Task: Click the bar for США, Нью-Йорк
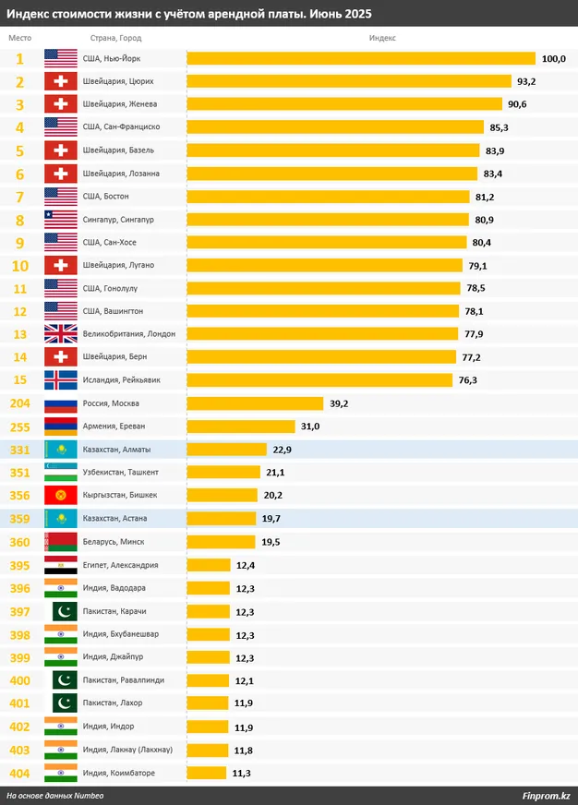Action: coord(360,58)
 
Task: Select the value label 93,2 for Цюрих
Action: coord(526,81)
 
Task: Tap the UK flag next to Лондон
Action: coord(61,334)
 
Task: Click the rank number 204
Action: coord(19,403)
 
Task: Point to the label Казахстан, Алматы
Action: coord(116,450)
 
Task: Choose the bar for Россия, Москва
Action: coord(255,403)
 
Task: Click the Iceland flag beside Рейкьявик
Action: coord(61,380)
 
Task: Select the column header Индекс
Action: coord(382,37)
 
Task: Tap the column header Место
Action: coord(19,37)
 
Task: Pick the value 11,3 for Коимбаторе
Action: coord(243,773)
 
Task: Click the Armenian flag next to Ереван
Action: coord(61,427)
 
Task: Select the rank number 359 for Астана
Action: coord(19,519)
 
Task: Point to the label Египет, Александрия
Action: coord(121,565)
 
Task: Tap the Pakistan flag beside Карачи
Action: coord(61,611)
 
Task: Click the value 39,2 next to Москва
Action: coord(339,403)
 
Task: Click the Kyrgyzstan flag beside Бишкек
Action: coord(61,496)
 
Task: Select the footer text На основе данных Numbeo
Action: coord(55,796)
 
